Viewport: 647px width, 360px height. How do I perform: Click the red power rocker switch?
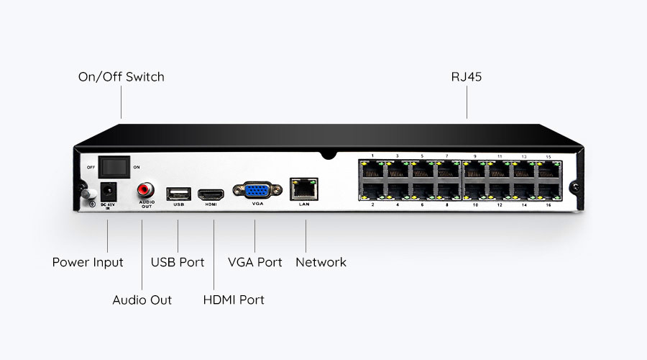click(114, 166)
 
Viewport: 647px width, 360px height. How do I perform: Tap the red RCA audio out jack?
click(146, 191)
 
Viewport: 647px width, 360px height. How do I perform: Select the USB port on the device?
click(178, 193)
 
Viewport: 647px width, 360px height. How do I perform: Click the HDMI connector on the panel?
click(211, 194)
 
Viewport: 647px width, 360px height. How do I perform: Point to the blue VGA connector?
click(257, 191)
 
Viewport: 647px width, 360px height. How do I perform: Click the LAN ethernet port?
click(303, 189)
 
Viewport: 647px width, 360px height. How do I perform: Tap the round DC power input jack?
click(107, 192)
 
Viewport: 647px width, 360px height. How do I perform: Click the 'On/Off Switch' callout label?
click(121, 76)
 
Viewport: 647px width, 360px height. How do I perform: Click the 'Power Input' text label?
click(88, 262)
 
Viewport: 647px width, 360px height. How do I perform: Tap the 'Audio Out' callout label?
click(142, 300)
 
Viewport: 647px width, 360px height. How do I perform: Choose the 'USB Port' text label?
click(178, 262)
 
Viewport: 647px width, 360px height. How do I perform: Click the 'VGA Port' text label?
click(255, 262)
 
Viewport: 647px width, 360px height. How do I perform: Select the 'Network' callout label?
click(321, 262)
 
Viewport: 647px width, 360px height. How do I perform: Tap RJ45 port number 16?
click(548, 191)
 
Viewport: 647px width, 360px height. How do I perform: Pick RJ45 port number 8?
click(447, 191)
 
